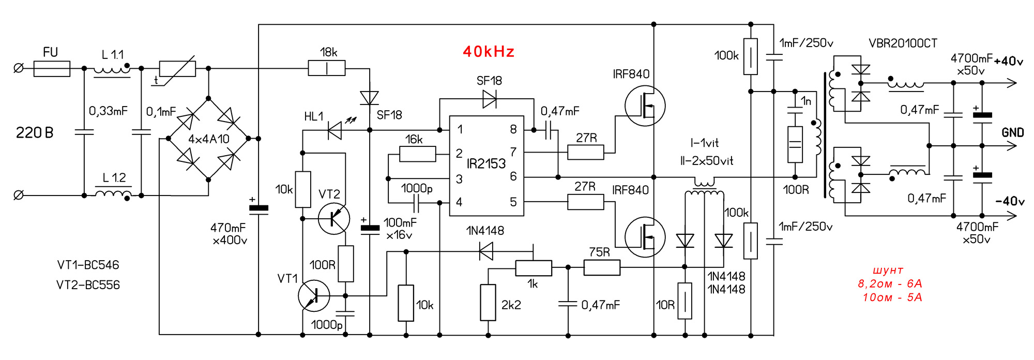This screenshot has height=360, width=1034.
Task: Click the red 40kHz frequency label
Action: pos(489,52)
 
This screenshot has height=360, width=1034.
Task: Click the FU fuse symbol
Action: pos(52,68)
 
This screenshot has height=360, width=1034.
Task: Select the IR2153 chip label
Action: pos(486,164)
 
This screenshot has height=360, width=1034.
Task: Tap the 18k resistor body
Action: pos(326,68)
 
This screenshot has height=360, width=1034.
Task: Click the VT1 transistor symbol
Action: pos(314,296)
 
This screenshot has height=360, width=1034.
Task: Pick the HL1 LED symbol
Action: pos(335,130)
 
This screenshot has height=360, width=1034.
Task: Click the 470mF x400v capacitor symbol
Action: pos(258,208)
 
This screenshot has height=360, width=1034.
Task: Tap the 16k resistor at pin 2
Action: pos(418,154)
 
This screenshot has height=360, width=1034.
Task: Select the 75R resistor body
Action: pos(602,267)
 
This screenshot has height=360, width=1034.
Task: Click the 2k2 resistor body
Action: pos(488,302)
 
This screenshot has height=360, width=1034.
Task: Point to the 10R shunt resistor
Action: pos(685,301)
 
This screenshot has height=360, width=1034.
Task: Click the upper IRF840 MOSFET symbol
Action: pos(645,106)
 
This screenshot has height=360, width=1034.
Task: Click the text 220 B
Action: pos(35,133)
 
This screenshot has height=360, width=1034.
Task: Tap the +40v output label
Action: pos(1008,61)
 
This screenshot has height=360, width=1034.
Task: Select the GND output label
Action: pos(1012,133)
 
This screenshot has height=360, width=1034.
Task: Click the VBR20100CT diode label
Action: pos(903,43)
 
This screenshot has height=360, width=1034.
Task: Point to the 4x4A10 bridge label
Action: pos(208,139)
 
